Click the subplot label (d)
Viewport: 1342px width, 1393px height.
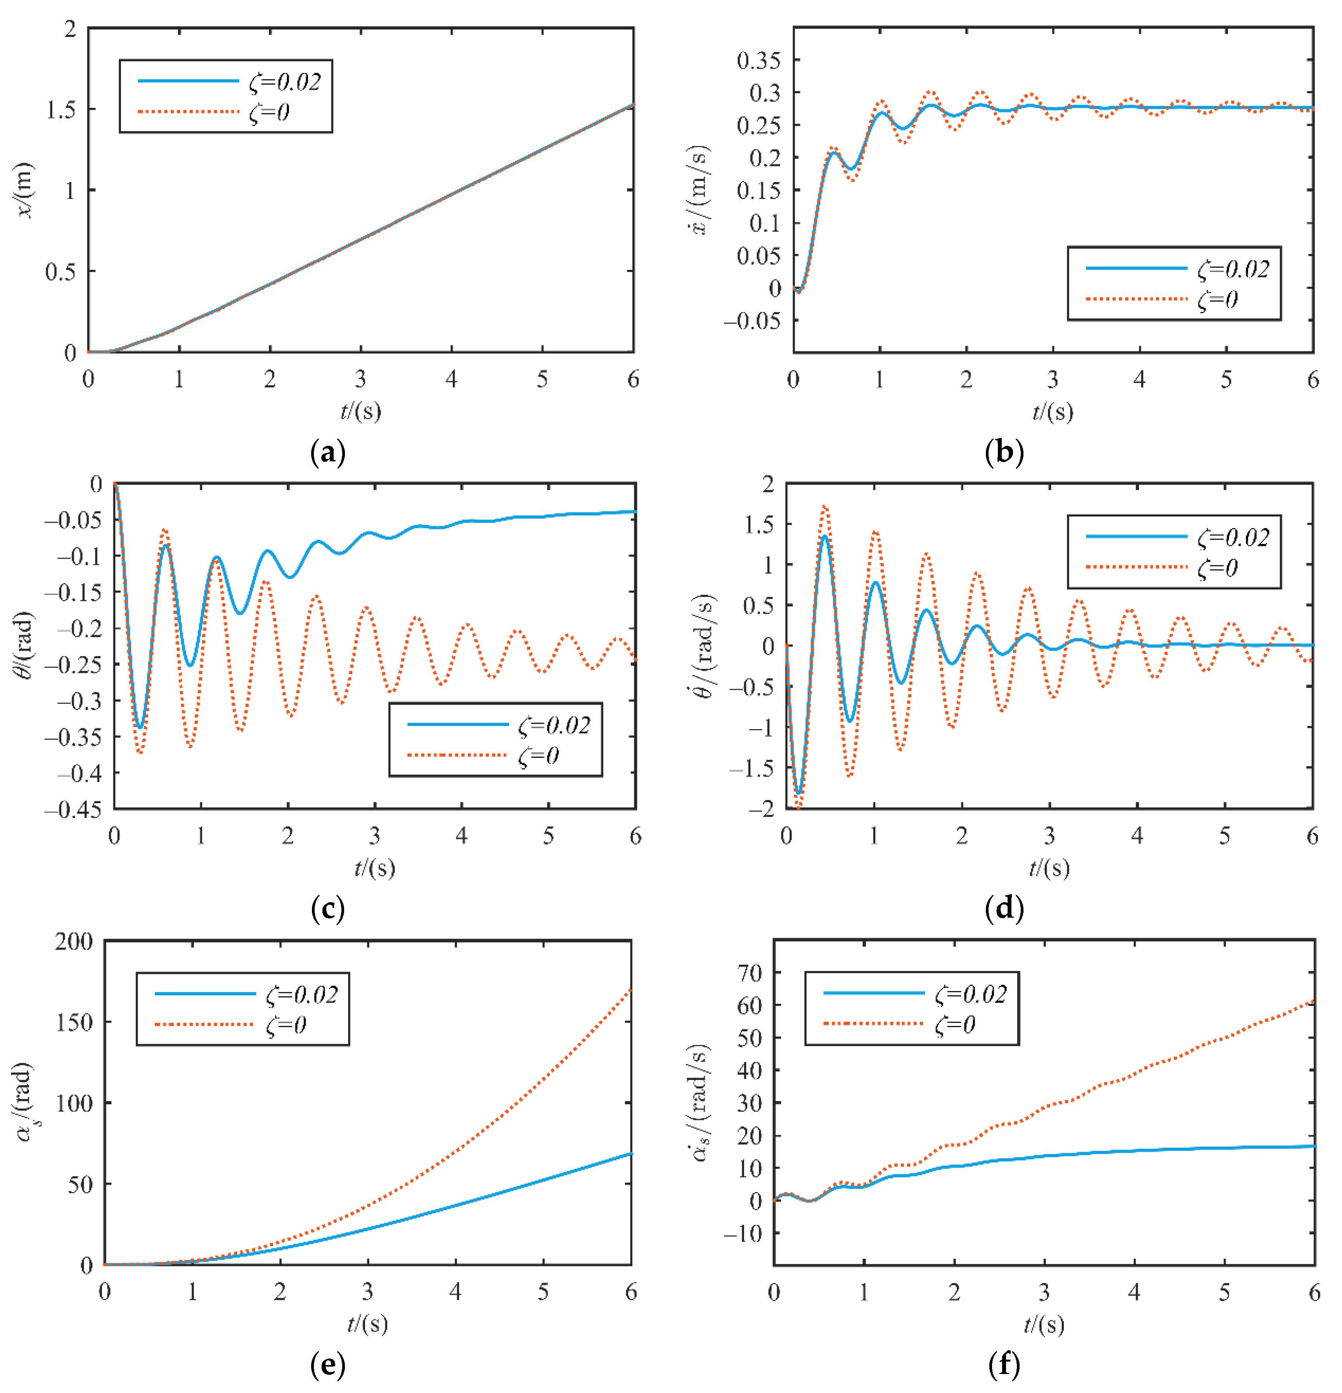pyautogui.click(x=1004, y=908)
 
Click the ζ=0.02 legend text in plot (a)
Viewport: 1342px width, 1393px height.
pyautogui.click(x=284, y=82)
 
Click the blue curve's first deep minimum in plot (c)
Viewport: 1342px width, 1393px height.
pyautogui.click(x=140, y=727)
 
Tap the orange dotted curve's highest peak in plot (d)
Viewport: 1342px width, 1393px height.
pyautogui.click(x=824, y=507)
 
